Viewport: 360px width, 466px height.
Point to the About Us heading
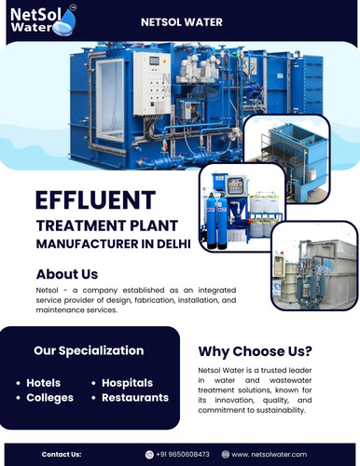pyautogui.click(x=66, y=274)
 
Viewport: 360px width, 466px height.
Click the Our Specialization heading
pyautogui.click(x=89, y=350)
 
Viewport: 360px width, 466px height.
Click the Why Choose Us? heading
pyautogui.click(x=255, y=351)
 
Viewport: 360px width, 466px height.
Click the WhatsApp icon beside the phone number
pyautogui.click(x=150, y=454)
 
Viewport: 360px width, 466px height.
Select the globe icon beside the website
pyautogui.click(x=225, y=454)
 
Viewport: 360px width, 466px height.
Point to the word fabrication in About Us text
pyautogui.click(x=175, y=301)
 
